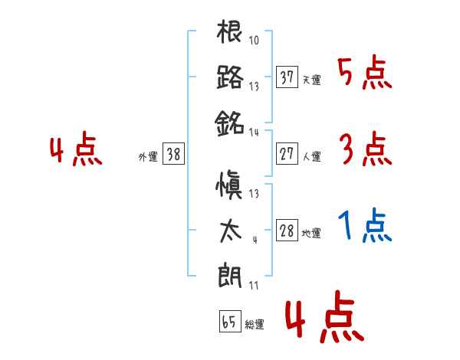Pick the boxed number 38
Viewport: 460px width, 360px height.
click(x=174, y=154)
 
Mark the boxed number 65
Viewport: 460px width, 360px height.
click(x=229, y=322)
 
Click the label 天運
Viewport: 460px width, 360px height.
click(x=312, y=80)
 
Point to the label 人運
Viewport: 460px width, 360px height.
click(x=312, y=156)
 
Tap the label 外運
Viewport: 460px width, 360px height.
click(x=147, y=156)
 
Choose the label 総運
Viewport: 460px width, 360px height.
click(x=254, y=324)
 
